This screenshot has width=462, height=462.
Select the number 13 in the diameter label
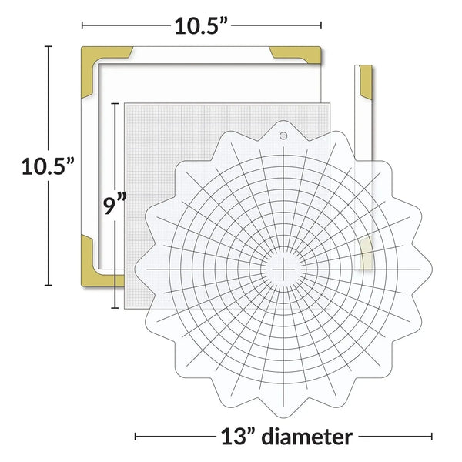click(x=230, y=437)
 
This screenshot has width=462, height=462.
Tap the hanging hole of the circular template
click(x=283, y=136)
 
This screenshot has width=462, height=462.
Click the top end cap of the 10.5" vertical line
click(x=49, y=47)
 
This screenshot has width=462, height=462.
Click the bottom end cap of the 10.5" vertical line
click(x=49, y=286)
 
